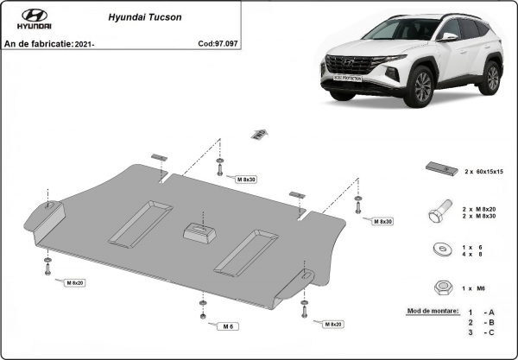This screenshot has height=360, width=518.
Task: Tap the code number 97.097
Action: click(224, 42)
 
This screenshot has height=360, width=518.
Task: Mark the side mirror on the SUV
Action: click(448, 38)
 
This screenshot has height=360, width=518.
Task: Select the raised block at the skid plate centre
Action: click(199, 231)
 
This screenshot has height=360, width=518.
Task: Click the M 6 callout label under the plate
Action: click(227, 326)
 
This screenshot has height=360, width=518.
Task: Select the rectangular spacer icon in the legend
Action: click(439, 170)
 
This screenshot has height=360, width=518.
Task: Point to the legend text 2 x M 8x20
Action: click(480, 208)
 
